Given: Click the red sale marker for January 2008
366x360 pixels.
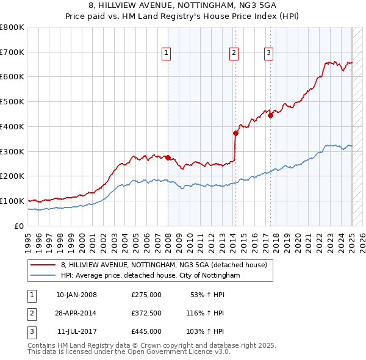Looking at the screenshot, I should coord(168,157).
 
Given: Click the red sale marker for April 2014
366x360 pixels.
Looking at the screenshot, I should coord(235,132).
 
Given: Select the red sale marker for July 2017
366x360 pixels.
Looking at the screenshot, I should coord(270,115).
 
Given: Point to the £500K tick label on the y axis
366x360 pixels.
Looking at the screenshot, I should coord(12,102).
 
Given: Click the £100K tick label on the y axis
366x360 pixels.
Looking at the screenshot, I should coord(12,201).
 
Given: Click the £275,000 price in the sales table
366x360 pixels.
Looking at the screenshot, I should coord(146,295).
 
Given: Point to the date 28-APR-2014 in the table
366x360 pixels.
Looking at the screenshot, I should coord(76,313).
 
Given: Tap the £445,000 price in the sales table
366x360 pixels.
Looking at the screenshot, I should coord(146,331).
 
